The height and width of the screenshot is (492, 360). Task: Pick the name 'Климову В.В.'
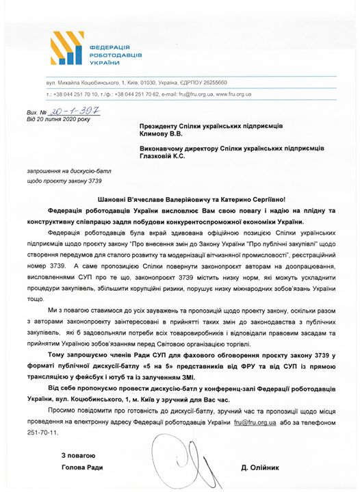point(164,135)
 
